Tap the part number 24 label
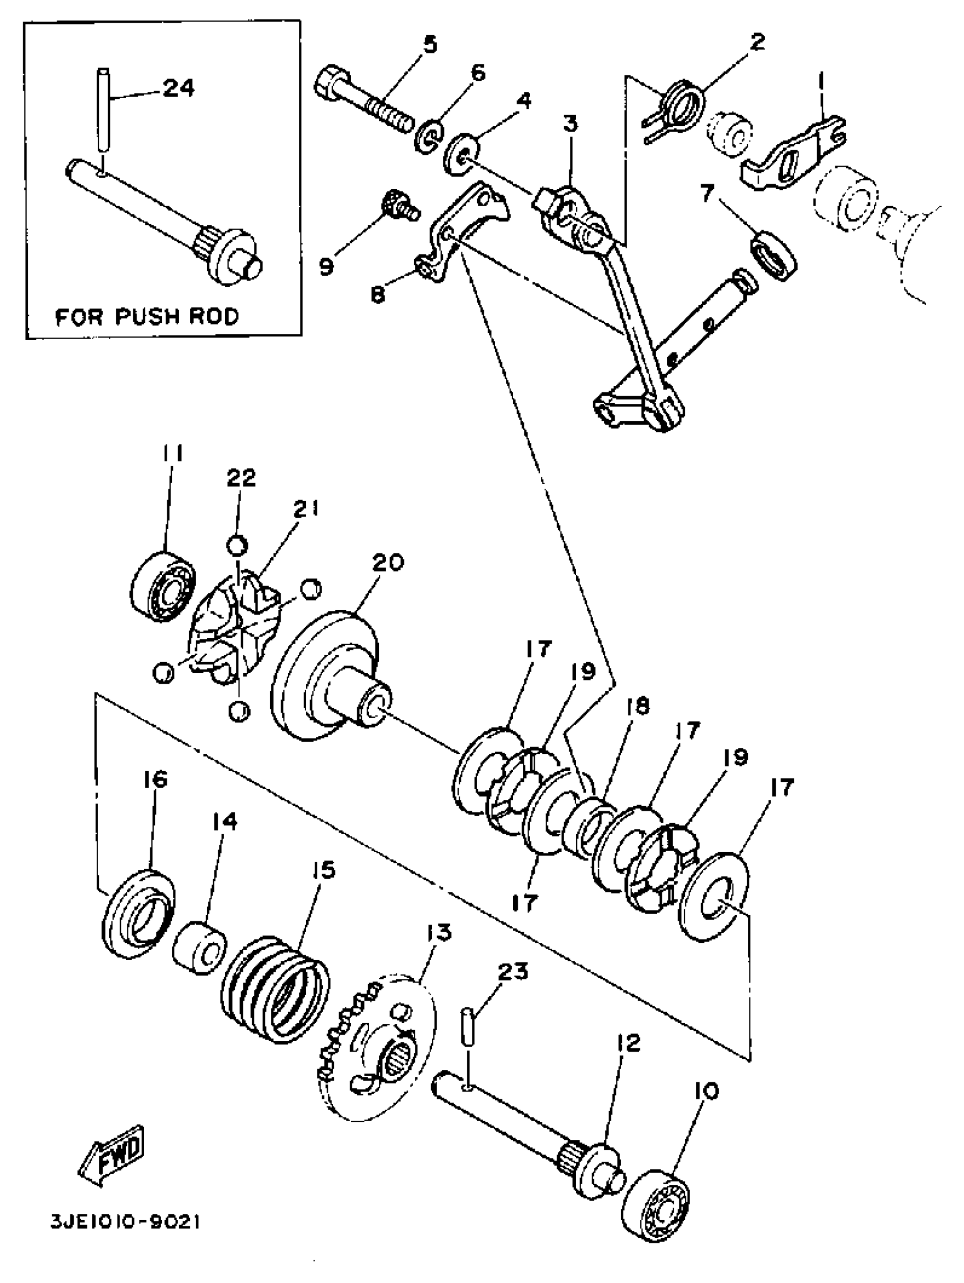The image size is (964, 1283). [178, 88]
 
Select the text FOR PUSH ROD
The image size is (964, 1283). [147, 317]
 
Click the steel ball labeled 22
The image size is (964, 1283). [236, 546]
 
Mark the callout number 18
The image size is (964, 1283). [639, 706]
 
